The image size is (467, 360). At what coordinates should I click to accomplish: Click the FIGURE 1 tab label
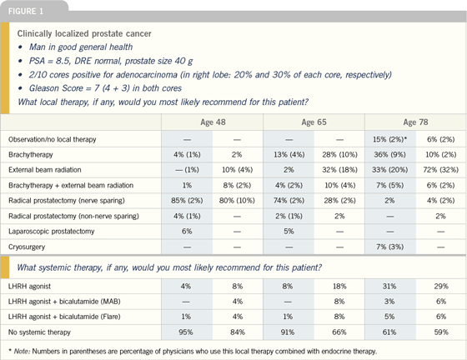pyautogui.click(x=26, y=12)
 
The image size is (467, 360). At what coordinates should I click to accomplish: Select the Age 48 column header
pyautogui.click(x=213, y=122)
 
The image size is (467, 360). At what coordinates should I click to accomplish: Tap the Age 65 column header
pyautogui.click(x=314, y=122)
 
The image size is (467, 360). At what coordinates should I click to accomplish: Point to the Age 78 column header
pyautogui.click(x=415, y=122)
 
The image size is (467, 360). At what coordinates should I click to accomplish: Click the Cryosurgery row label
pyautogui.click(x=27, y=247)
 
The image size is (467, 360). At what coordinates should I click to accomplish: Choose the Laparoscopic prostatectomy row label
pyautogui.click(x=51, y=232)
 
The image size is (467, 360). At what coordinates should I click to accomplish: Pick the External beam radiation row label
pyautogui.click(x=45, y=170)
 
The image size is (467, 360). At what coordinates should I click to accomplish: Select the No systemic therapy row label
pyautogui.click(x=39, y=332)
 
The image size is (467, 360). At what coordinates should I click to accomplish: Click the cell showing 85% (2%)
pyautogui.click(x=187, y=201)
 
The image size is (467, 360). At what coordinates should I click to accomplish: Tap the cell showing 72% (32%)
pyautogui.click(x=441, y=170)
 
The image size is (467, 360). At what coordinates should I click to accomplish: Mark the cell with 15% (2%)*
pyautogui.click(x=390, y=139)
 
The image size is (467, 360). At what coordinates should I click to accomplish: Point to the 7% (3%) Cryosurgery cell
pyautogui.click(x=390, y=247)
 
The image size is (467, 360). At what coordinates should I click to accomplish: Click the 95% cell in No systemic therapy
pyautogui.click(x=186, y=332)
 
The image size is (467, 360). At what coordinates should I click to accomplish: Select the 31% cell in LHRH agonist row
pyautogui.click(x=389, y=286)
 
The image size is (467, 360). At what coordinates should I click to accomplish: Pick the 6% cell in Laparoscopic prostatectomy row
pyautogui.click(x=187, y=231)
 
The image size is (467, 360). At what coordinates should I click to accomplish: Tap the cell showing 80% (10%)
pyautogui.click(x=237, y=201)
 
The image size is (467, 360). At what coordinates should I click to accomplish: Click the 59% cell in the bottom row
pyautogui.click(x=441, y=332)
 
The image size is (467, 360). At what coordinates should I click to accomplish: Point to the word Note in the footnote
pyautogui.click(x=22, y=352)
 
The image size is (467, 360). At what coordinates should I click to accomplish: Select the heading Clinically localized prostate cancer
pyautogui.click(x=84, y=33)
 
